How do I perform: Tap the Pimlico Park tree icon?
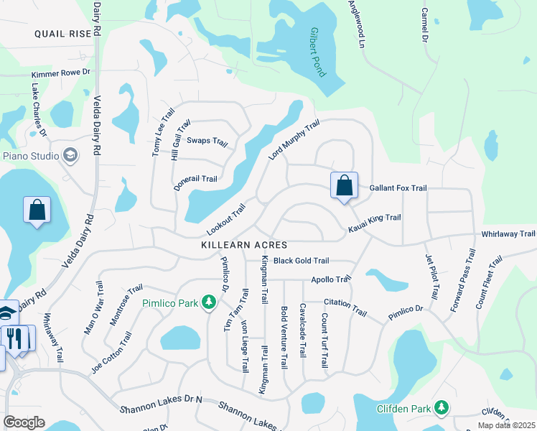[209, 302]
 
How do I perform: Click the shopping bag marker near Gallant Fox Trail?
[345, 185]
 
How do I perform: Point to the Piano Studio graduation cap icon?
[70, 155]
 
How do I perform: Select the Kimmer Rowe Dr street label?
[61, 73]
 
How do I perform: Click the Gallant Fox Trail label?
[398, 188]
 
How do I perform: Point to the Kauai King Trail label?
[374, 223]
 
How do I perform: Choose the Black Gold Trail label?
[301, 261]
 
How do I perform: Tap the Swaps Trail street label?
[207, 140]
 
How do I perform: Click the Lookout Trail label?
[226, 218]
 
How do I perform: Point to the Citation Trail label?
[345, 307]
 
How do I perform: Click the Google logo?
[24, 422]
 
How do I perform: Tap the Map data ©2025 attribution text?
[506, 425]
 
